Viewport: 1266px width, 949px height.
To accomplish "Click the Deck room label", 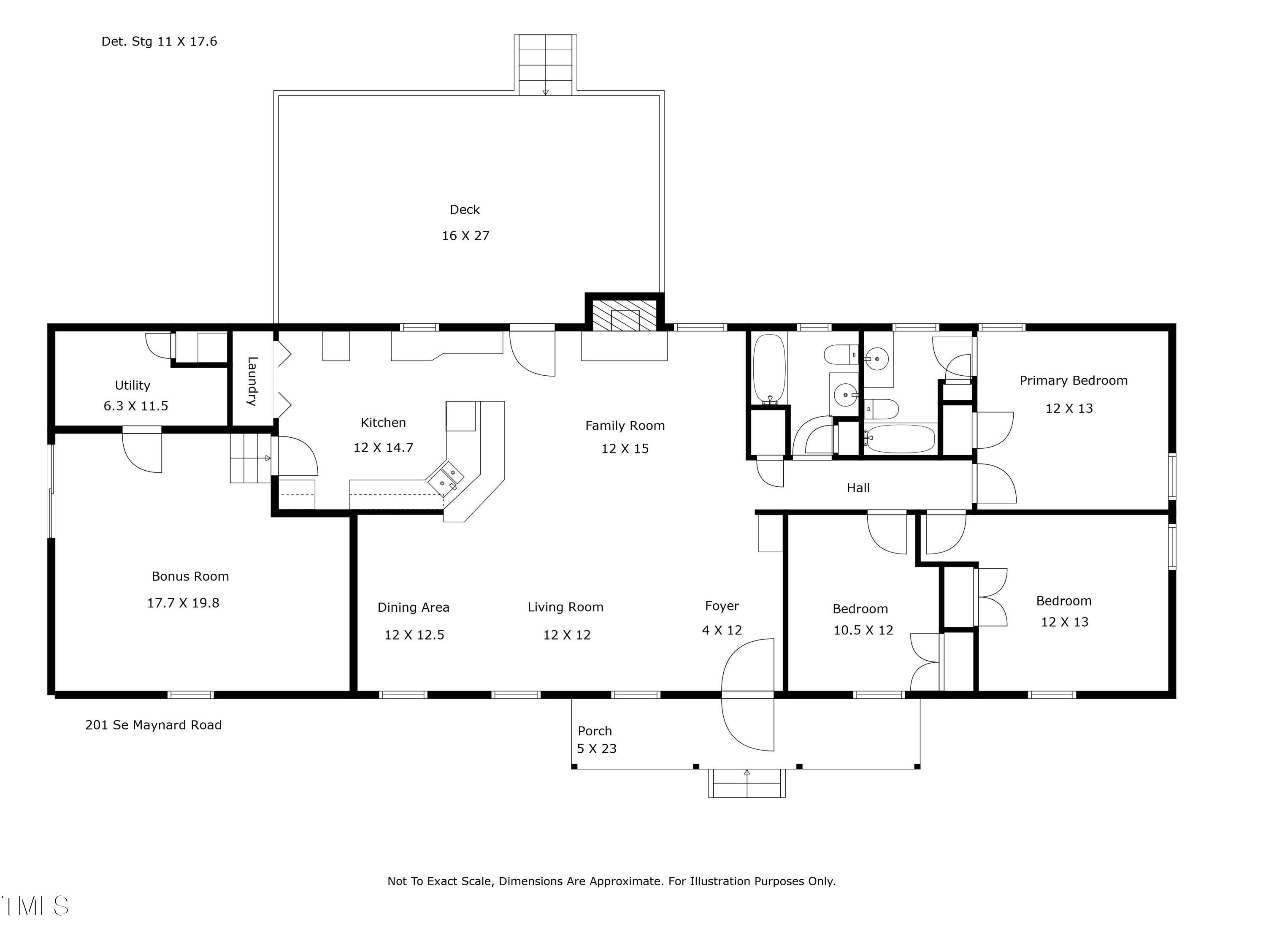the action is click(x=465, y=209).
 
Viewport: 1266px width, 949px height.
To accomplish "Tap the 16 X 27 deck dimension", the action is click(x=465, y=236).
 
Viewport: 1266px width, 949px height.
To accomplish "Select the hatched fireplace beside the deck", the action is click(x=624, y=315).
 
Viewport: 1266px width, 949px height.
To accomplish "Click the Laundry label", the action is click(x=252, y=381).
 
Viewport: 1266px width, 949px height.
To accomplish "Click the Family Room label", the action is click(x=625, y=426).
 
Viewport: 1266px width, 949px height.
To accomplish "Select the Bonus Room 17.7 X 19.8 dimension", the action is click(x=183, y=603).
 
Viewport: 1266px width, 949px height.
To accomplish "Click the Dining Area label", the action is click(x=413, y=607).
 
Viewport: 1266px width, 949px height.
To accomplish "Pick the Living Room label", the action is click(x=565, y=607).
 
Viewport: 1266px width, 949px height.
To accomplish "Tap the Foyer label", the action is click(x=722, y=606).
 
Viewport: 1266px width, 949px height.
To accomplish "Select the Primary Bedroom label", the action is click(x=1073, y=381).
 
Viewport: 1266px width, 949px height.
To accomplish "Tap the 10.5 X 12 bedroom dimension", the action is click(x=863, y=630).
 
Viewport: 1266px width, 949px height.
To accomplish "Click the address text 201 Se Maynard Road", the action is click(x=153, y=725).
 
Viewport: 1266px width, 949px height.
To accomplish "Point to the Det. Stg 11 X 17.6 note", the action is click(x=159, y=41).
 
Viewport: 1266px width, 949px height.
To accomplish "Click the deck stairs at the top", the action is click(x=545, y=65).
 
